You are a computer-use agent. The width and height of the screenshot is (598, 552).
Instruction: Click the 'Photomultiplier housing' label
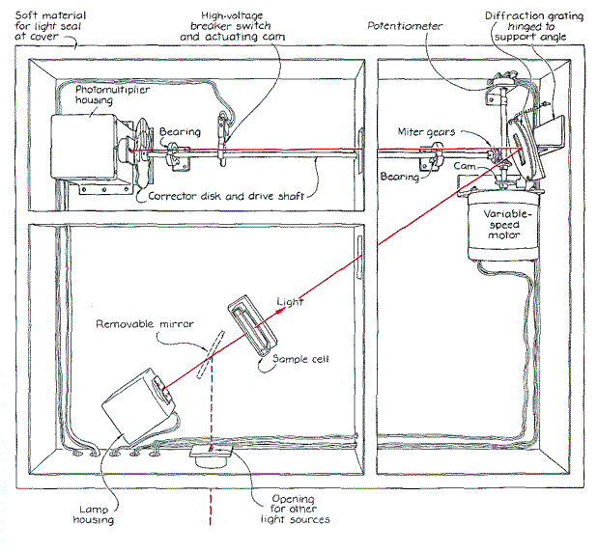[107, 96]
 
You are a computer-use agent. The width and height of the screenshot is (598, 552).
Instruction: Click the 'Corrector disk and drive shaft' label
[226, 196]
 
